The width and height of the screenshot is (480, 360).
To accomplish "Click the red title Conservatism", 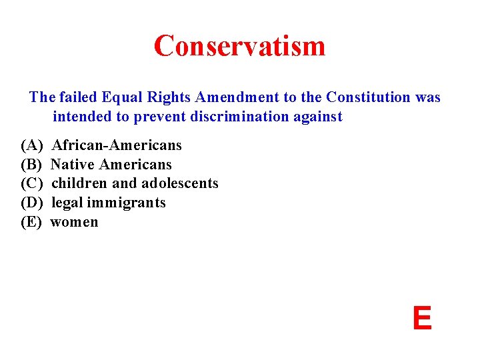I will pyautogui.click(x=239, y=46).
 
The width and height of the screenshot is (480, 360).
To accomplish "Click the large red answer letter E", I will pyautogui.click(x=421, y=319).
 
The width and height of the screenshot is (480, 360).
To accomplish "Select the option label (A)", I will pyautogui.click(x=32, y=145).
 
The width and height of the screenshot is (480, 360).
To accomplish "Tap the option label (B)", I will pyautogui.click(x=32, y=165).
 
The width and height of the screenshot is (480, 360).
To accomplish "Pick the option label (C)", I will pyautogui.click(x=32, y=183).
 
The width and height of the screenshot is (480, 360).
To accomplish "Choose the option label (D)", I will pyautogui.click(x=32, y=203).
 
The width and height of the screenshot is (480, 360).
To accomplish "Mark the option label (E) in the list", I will pyautogui.click(x=32, y=222).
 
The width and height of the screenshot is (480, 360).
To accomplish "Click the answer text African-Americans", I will pyautogui.click(x=117, y=145).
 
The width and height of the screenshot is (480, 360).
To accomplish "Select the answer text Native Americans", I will pyautogui.click(x=111, y=165).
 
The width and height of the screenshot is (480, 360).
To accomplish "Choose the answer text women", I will pyautogui.click(x=75, y=222).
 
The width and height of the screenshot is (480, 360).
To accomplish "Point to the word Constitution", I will pyautogui.click(x=369, y=97).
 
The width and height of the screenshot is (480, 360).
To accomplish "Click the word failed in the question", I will pyautogui.click(x=78, y=97).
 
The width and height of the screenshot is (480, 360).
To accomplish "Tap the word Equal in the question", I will pyautogui.click(x=120, y=97).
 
